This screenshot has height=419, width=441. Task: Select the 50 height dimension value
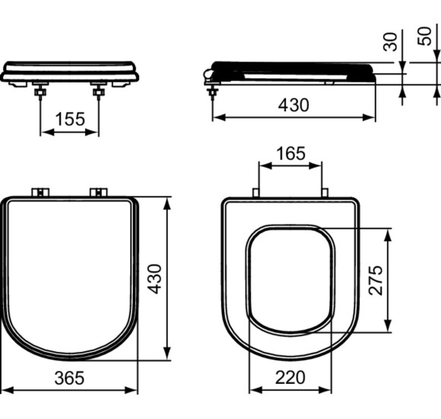427,35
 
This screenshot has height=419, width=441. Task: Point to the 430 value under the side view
293,105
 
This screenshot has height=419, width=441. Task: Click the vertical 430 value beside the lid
155,279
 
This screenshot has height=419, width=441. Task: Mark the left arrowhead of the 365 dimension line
5,391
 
